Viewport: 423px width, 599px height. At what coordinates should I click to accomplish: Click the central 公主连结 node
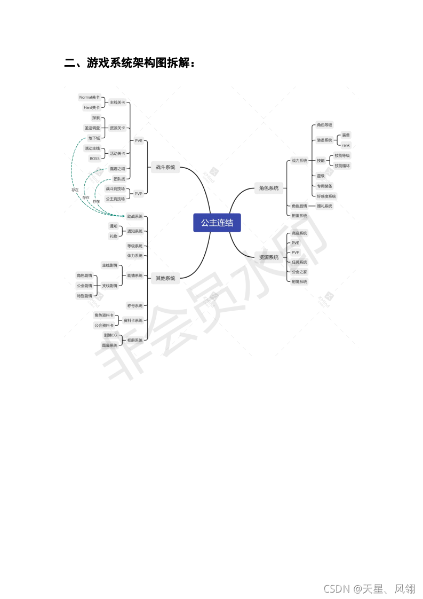click(217, 223)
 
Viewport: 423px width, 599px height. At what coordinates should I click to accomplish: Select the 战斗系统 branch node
click(165, 167)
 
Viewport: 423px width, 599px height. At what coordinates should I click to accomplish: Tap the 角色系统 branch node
click(268, 188)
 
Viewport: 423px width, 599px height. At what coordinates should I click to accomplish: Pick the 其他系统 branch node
click(165, 278)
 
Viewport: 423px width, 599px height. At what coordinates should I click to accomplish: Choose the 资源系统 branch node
click(268, 257)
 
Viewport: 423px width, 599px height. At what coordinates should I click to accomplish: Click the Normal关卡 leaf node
click(89, 97)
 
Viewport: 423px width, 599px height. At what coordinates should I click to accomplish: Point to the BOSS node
click(94, 159)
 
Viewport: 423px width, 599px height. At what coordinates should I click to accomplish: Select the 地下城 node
click(94, 138)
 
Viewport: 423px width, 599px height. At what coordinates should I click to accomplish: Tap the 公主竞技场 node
click(115, 199)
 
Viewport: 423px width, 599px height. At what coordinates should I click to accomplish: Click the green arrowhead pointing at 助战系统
click(123, 216)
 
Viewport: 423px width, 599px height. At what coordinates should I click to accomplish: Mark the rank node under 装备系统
click(346, 145)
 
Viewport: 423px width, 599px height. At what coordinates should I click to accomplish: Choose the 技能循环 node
click(342, 165)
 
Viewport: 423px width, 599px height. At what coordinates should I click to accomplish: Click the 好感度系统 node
click(326, 196)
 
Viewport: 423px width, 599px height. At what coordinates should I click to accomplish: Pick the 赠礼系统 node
click(324, 206)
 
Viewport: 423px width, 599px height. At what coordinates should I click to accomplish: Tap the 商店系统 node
click(299, 233)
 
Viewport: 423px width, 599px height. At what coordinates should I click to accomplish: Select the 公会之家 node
click(299, 272)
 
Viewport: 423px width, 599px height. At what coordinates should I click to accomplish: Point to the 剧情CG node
click(110, 335)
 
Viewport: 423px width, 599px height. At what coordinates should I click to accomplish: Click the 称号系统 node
click(135, 305)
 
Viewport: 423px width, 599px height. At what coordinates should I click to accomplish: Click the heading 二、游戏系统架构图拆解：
click(130, 63)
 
